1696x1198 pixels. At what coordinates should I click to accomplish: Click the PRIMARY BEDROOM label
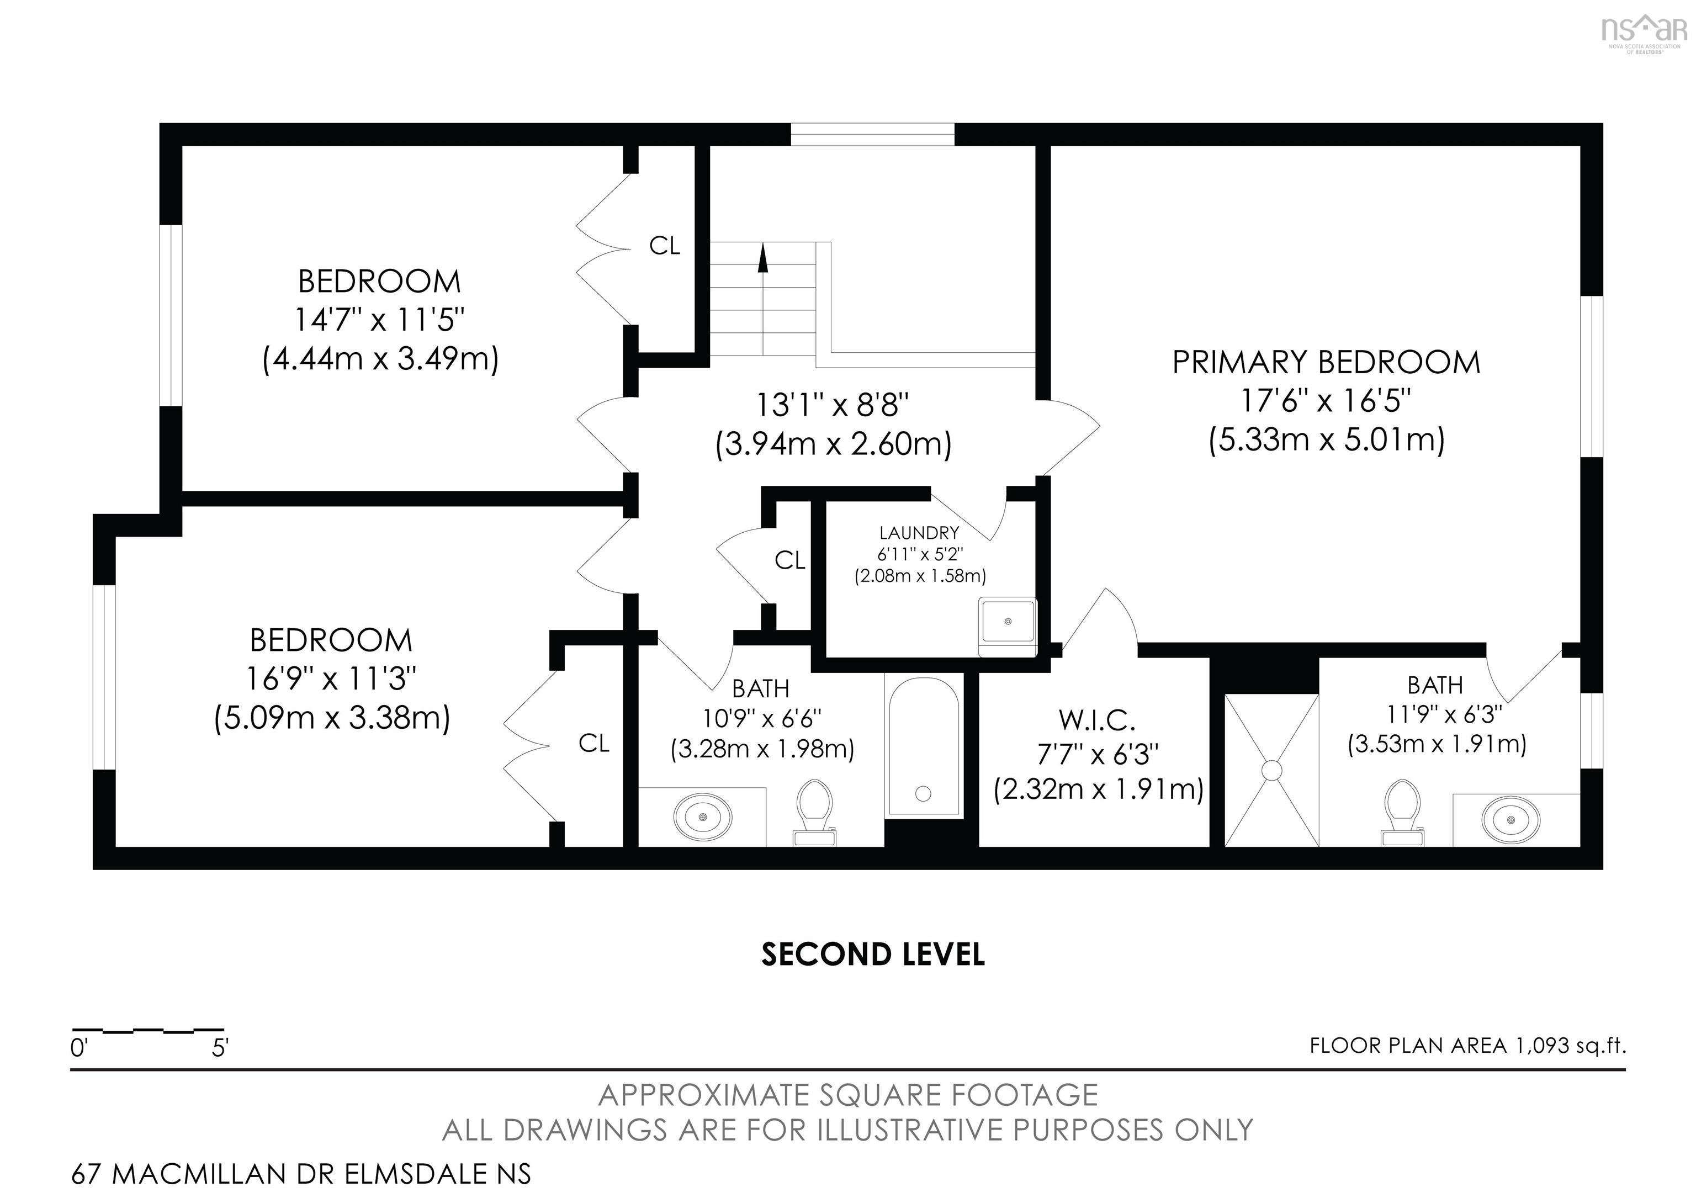1326,363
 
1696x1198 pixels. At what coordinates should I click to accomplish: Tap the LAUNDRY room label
919,533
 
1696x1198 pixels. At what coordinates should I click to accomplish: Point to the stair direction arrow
763,259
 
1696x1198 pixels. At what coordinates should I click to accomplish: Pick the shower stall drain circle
1271,770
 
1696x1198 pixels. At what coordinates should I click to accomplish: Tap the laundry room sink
1008,621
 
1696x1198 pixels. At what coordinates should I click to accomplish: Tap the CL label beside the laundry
789,560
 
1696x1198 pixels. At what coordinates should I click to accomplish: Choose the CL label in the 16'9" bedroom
594,743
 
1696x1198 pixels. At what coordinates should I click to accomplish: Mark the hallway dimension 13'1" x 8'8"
833,405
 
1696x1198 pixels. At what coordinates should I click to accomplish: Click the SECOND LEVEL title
873,955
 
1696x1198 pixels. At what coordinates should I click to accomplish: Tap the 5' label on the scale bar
220,1048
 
